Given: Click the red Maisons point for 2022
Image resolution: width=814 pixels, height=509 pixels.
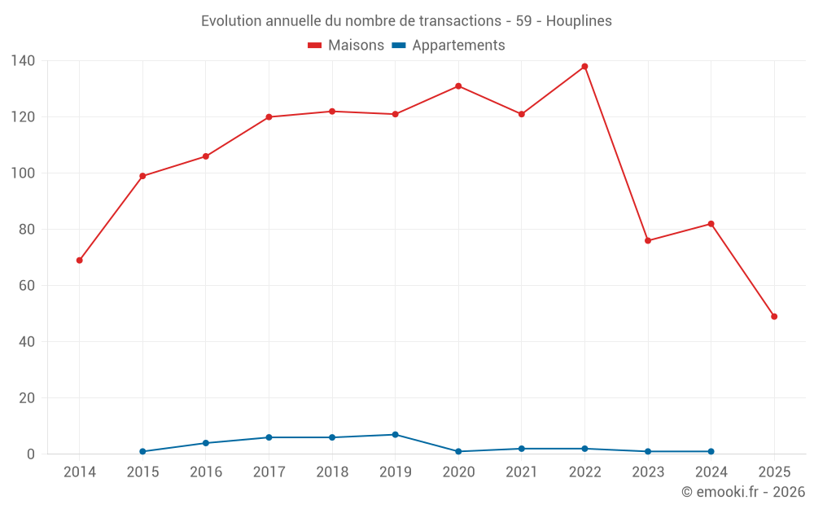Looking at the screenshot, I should coord(584,67).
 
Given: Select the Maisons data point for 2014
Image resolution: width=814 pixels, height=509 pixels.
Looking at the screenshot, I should coord(80,261).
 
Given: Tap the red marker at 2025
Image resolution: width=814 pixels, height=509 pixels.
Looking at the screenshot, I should coord(774,317).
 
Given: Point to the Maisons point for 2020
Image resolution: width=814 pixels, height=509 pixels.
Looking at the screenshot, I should coord(458,86).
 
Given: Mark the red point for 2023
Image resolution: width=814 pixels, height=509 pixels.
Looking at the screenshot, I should coord(648,241).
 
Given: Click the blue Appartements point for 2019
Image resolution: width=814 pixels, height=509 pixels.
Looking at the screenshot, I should coord(395,435).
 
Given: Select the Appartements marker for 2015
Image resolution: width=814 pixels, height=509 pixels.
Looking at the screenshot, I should coord(142,451).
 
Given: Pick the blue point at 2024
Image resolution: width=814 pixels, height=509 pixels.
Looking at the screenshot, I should coord(711,451).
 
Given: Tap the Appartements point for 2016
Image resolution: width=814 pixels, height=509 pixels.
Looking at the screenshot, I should coord(206,443).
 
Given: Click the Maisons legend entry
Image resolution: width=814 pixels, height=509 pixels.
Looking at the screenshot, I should coord(346,46).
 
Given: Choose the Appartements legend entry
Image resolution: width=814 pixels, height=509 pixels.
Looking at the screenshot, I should coord(449,46).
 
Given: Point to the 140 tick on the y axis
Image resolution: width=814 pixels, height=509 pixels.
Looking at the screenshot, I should coord(23,61).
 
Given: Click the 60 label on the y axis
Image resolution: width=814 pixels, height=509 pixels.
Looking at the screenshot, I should coord(27,286).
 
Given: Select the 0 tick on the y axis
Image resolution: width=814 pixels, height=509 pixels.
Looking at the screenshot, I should coord(30,454).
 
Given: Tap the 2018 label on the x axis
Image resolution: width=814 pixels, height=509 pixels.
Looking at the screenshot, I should coord(332,472).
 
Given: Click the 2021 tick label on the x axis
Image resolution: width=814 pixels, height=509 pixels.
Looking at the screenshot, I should coord(522,472).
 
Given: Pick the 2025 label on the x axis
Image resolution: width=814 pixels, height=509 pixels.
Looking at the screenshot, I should coord(774,472).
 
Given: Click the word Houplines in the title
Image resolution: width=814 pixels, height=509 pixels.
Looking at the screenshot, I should coord(579,21).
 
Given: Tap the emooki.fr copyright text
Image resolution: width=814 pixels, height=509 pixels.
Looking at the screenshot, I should coord(743,492).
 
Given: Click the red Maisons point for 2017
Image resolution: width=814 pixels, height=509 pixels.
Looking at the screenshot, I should coord(269,117).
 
